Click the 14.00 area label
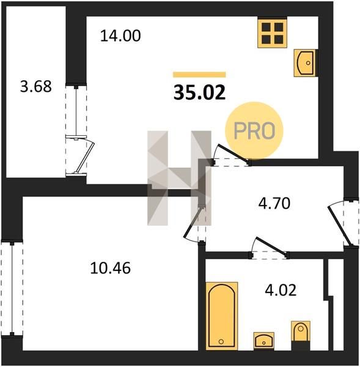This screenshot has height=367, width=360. coord(120,36)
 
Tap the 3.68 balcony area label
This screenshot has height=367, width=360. coord(36,86)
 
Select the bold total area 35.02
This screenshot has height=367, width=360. coord(199,92)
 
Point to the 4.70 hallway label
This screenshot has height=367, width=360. coord(274,203)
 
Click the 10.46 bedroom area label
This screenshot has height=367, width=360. coord(111,268)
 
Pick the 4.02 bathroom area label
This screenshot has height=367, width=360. coord(281,290)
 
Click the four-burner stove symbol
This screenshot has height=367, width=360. coord(272,33)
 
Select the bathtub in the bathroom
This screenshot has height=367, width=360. coord(222,316)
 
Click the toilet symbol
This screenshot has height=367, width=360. coord(301,335)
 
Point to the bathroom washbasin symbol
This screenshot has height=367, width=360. coord(263,341)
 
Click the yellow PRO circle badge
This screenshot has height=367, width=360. coord(254,131)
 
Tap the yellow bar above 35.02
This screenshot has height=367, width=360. coord(199,75)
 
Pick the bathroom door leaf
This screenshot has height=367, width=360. coord(271,245)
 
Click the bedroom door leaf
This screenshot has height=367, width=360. coord(193,221)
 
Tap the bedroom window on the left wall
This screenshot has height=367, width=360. coord(12,289)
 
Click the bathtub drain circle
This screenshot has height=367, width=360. coord(221,342)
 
